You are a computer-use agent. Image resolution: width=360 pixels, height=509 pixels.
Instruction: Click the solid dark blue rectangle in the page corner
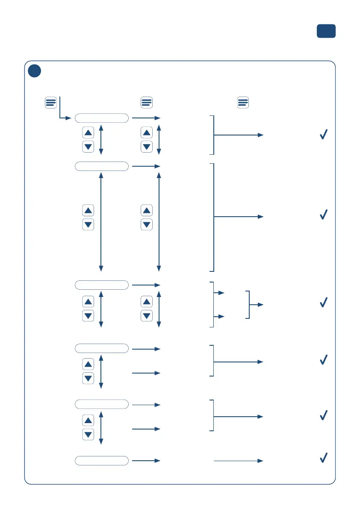(326, 31)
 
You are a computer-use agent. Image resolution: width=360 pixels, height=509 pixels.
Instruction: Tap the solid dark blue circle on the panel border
(35, 71)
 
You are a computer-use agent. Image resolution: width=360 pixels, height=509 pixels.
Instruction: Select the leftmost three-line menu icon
(51, 103)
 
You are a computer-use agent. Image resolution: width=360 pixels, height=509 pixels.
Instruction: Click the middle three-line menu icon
(147, 103)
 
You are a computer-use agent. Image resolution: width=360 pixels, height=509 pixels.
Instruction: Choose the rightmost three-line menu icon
(243, 103)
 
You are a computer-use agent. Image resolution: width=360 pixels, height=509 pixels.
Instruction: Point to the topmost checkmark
(324, 135)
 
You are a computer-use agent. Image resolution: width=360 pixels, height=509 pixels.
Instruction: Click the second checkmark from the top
(324, 215)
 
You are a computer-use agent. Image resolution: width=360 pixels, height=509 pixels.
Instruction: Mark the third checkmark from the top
(324, 302)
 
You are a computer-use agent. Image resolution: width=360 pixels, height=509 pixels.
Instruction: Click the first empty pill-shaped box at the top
(102, 118)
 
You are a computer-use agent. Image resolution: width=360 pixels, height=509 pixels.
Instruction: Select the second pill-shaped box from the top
(102, 166)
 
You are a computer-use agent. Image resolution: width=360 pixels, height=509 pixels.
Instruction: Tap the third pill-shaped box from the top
(102, 285)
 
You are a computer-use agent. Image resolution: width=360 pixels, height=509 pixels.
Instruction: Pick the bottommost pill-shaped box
(102, 461)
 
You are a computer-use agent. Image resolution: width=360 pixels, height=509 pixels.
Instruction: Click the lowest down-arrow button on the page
(88, 435)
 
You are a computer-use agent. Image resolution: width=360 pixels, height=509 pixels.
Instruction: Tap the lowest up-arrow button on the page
(88, 421)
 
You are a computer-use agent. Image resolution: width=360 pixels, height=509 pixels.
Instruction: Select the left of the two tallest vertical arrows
(101, 222)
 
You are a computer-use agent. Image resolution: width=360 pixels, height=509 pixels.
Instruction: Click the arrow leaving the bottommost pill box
(146, 461)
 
